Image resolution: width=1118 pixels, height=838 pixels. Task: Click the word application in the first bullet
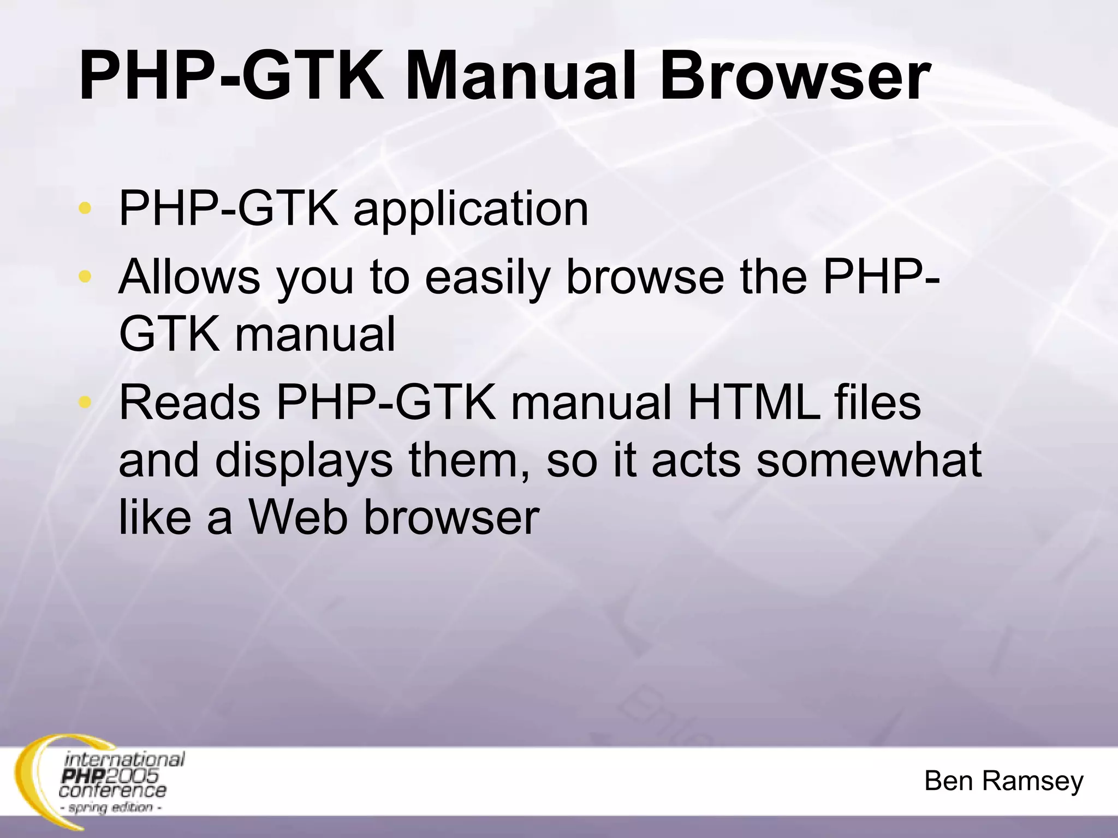471,209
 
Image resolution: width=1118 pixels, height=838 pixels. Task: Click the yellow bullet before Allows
85,276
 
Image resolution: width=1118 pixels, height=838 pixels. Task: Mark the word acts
697,462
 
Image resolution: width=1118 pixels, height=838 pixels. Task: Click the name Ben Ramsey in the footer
1003,781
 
